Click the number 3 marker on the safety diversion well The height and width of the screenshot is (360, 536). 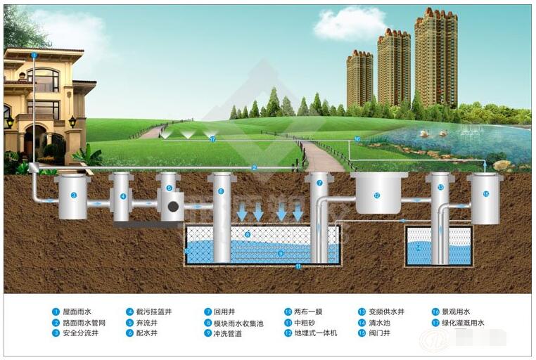[73, 195]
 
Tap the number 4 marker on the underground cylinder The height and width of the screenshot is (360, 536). [122, 196]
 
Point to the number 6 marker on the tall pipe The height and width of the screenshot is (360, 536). [221, 191]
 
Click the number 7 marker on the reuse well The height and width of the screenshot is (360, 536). [319, 183]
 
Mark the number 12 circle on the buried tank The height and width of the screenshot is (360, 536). [377, 195]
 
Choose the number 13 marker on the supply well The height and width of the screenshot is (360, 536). [440, 187]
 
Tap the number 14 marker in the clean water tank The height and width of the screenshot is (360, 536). [419, 247]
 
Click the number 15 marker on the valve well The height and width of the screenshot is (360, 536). [485, 193]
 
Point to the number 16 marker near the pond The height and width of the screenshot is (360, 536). [357, 139]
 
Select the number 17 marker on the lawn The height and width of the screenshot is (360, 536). [212, 139]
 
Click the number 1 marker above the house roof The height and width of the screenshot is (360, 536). [34, 54]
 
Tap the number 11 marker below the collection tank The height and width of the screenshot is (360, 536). [298, 266]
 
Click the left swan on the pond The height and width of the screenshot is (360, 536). [425, 131]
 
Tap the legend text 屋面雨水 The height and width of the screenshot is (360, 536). [76, 311]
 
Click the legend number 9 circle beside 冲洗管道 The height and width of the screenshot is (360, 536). [208, 333]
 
